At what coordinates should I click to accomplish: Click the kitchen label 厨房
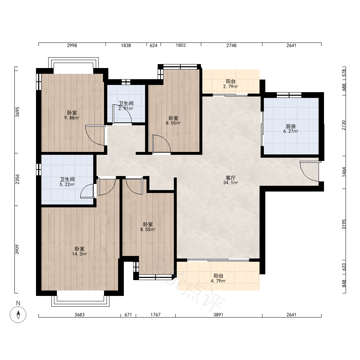(x=291, y=126)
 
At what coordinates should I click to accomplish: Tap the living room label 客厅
(x=230, y=178)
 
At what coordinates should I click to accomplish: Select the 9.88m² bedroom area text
(x=72, y=118)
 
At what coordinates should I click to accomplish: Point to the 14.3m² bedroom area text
(x=80, y=254)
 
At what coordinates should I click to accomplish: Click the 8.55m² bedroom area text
(x=148, y=229)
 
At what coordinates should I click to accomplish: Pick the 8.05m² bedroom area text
(x=174, y=123)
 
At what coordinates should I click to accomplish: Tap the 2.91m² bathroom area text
(x=126, y=109)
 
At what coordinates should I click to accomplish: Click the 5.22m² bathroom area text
(x=67, y=184)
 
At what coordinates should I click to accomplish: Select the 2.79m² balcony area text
(x=230, y=86)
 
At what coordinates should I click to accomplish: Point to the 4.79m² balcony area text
(x=219, y=281)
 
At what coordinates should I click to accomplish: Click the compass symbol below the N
(x=18, y=315)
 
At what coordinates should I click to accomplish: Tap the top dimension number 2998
(x=72, y=45)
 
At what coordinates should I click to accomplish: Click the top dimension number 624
(x=153, y=45)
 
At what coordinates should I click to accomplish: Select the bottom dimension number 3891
(x=218, y=315)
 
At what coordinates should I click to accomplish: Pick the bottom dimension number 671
(x=128, y=315)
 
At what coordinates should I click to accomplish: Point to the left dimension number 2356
(x=17, y=179)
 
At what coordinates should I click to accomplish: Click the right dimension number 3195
(x=344, y=224)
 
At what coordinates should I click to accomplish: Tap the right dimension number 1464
(x=344, y=172)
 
